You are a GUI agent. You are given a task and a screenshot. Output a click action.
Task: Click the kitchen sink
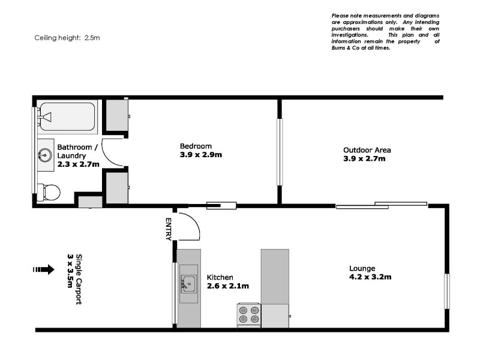pyautogui.click(x=189, y=281)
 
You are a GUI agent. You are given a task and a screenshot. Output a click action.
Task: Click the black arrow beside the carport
pyautogui.click(x=44, y=270)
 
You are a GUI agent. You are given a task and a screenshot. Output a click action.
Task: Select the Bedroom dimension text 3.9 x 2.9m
pyautogui.click(x=201, y=155)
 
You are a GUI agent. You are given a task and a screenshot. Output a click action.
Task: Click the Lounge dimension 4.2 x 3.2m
pyautogui.click(x=370, y=277)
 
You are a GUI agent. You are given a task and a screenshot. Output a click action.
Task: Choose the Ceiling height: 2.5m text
pyautogui.click(x=67, y=37)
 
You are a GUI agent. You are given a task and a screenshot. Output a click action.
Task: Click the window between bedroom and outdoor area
pyautogui.click(x=279, y=152)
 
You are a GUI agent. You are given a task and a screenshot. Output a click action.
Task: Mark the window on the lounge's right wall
pyautogui.click(x=446, y=291)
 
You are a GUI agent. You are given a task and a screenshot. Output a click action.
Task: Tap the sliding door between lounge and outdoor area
pyautogui.click(x=381, y=206)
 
